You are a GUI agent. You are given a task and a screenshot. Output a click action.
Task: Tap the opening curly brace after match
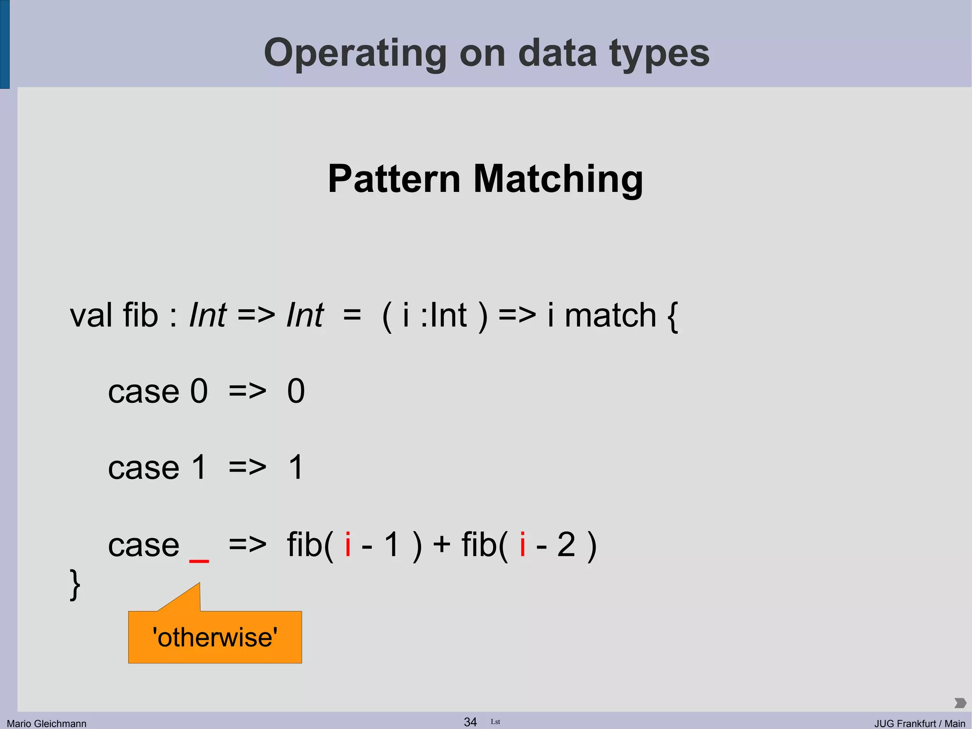point(673,316)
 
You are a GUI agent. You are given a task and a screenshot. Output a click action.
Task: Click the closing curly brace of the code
point(75,585)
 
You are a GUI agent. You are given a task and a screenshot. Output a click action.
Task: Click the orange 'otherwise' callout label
point(215,637)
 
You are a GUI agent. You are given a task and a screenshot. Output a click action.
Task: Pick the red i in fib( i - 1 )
point(348,544)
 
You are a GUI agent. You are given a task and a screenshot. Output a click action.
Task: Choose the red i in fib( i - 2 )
point(523,544)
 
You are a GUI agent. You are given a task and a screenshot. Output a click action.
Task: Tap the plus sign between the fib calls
point(441,544)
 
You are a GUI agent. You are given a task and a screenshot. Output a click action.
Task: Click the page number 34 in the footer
point(470,722)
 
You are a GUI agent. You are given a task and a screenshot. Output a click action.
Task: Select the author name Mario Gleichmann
point(47,723)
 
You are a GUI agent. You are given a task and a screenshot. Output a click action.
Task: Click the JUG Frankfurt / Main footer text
point(920,723)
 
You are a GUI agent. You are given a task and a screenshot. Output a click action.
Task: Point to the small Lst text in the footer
point(495,722)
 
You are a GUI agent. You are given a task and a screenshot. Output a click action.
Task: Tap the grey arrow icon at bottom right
point(960,703)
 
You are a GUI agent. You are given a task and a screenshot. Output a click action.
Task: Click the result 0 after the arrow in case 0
point(296,391)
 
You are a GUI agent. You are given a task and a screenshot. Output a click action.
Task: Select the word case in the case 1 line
point(143,468)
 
